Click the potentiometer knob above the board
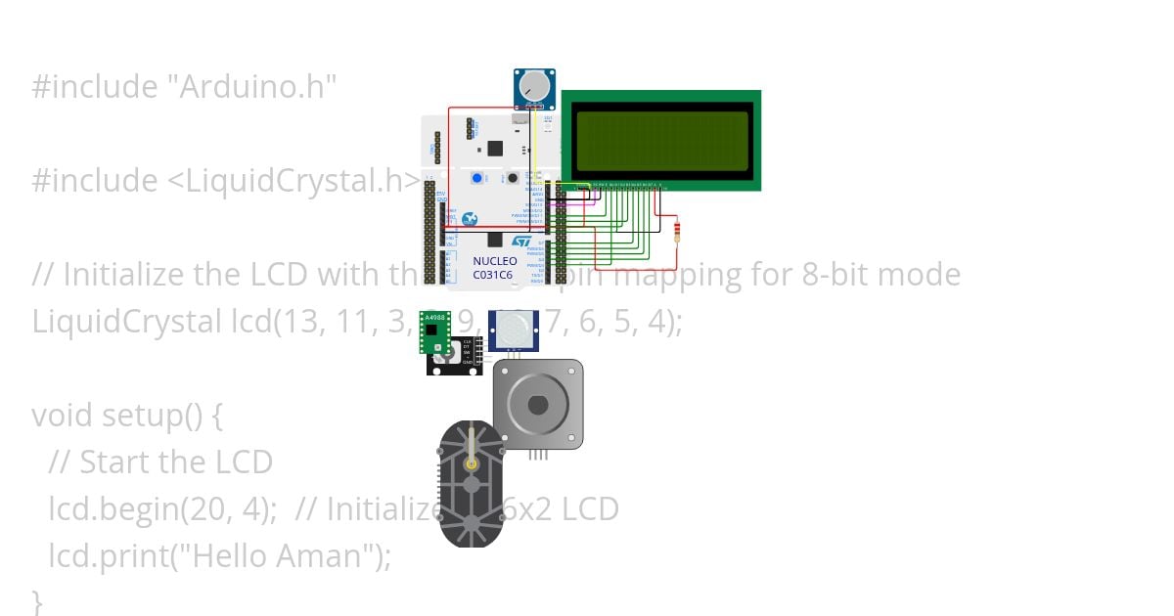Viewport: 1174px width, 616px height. click(533, 87)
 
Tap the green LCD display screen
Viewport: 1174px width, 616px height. click(662, 140)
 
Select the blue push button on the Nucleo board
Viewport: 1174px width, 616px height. click(477, 178)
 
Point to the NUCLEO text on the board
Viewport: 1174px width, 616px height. click(495, 261)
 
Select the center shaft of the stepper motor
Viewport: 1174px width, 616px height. click(537, 404)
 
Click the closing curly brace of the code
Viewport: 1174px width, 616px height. click(38, 599)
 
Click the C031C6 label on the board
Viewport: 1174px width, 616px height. click(495, 275)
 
